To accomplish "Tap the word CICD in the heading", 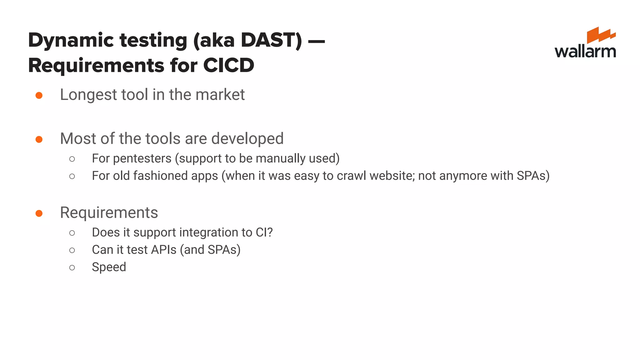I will [x=228, y=65].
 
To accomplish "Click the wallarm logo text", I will [x=585, y=51].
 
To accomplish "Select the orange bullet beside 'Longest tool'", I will [x=39, y=95].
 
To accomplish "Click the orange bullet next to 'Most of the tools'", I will [x=39, y=139].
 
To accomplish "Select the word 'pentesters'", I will [x=142, y=158].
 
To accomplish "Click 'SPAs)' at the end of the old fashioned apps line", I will [x=533, y=176].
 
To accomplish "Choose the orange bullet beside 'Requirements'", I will [x=39, y=213].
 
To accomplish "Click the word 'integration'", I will [x=209, y=232].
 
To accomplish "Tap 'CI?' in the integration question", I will [x=264, y=232].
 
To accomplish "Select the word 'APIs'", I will [x=164, y=250].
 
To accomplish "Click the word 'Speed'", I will [x=109, y=267].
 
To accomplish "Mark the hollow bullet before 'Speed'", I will [x=72, y=267].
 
